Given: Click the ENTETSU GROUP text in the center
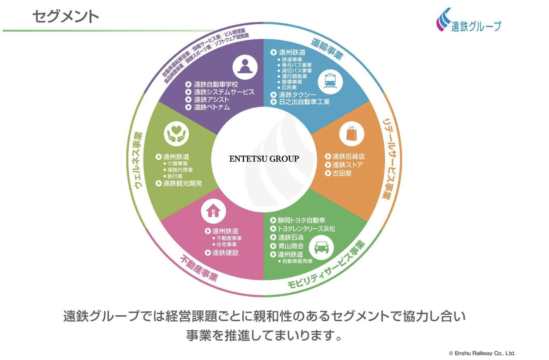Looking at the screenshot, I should tap(264, 159).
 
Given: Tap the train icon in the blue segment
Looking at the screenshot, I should tap(333, 80).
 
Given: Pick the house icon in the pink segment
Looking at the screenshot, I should tap(213, 210).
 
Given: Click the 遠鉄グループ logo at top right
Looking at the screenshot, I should tap(469, 21).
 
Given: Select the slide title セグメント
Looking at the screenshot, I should tap(65, 17).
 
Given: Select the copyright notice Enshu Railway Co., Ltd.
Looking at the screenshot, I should tap(482, 353).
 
